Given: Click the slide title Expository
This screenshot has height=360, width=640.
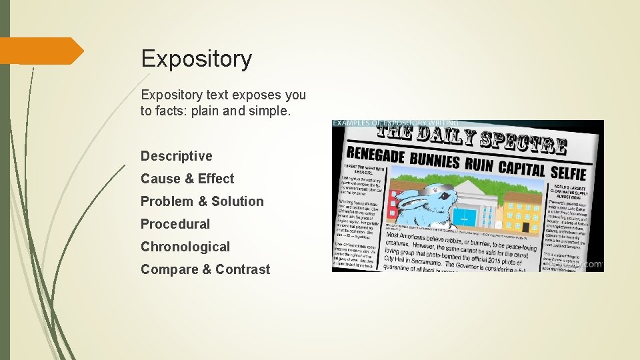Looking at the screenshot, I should pyautogui.click(x=196, y=59).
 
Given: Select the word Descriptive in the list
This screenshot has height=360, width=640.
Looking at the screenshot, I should pyautogui.click(x=176, y=156).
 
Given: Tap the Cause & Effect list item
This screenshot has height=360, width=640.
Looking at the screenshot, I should pyautogui.click(x=187, y=179).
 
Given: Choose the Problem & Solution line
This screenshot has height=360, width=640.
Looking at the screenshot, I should pyautogui.click(x=202, y=201).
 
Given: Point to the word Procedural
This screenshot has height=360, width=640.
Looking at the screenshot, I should pyautogui.click(x=175, y=224).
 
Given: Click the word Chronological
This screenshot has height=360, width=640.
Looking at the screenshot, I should pyautogui.click(x=185, y=247).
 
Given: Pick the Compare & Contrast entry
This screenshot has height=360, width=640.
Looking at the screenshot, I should pyautogui.click(x=205, y=269).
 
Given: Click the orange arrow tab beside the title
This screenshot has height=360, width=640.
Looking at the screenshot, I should pyautogui.click(x=41, y=51).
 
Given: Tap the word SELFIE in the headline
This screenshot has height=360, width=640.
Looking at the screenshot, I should pyautogui.click(x=568, y=173).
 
